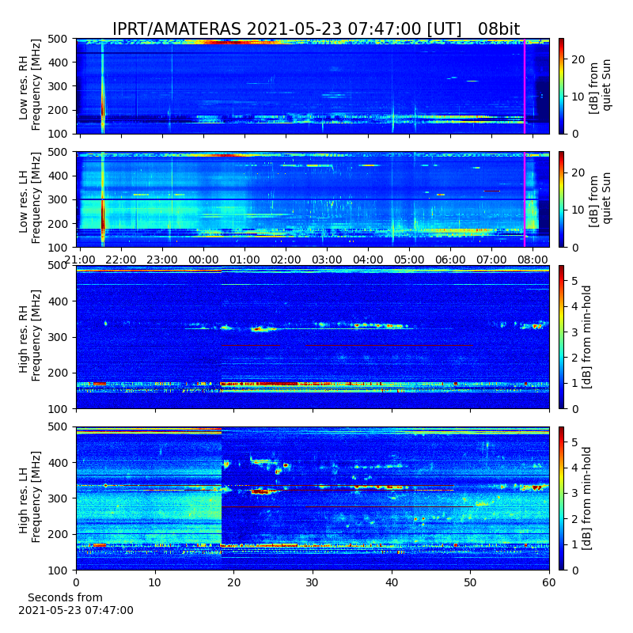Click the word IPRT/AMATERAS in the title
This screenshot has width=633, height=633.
click(x=176, y=29)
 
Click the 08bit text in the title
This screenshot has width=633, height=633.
click(x=498, y=29)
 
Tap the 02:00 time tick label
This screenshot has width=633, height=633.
click(x=286, y=260)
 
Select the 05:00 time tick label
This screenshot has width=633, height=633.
click(x=409, y=260)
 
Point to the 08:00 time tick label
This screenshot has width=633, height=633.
click(x=533, y=260)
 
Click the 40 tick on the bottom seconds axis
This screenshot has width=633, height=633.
click(x=392, y=582)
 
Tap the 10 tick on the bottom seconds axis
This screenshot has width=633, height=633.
click(x=155, y=582)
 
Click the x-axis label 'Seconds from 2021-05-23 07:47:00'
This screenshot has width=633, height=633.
click(x=75, y=604)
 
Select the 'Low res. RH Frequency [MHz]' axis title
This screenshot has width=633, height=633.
click(x=29, y=85)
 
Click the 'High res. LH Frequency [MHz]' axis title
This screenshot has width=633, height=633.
click(x=29, y=498)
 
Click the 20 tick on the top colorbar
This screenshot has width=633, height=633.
click(x=578, y=60)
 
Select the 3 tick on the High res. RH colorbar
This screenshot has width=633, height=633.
click(x=575, y=332)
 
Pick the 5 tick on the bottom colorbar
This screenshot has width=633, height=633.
click(x=575, y=442)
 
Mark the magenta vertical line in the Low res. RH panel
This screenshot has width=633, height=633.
click(x=525, y=86)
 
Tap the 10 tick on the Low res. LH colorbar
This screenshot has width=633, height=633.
click(x=578, y=210)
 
